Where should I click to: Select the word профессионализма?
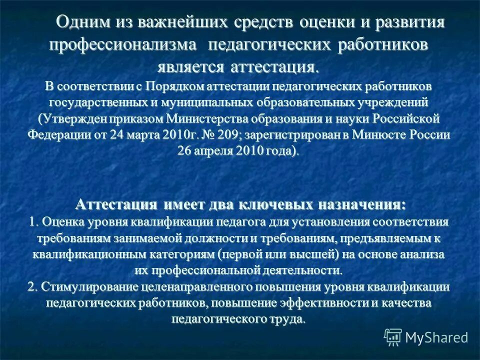coord(123,45)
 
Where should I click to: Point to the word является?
coord(192,66)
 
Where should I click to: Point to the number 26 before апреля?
coord(185,151)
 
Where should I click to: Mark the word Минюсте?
coord(383,135)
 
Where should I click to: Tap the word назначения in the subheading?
coord(359,204)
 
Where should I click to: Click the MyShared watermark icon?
coord(393,336)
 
